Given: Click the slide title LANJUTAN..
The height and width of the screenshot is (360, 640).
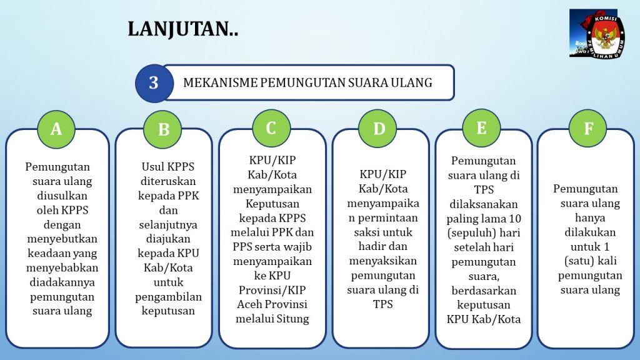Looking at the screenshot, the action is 182,29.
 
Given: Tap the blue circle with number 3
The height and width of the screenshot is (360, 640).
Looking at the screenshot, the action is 154,83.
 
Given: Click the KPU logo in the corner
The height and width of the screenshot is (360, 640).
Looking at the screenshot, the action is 597,34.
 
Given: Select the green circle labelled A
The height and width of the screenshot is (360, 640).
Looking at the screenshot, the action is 56,129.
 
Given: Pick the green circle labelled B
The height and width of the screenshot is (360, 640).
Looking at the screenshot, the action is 163,129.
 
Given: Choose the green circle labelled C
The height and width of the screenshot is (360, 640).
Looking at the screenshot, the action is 271,129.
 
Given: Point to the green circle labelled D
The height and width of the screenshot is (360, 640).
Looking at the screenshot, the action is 378,129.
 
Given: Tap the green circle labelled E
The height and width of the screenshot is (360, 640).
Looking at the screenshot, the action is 482,128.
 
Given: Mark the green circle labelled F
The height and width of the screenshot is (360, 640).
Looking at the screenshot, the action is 587,129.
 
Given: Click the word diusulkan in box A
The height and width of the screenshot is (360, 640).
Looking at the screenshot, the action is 62,196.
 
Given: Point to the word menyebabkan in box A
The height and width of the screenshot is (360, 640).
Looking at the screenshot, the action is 62,267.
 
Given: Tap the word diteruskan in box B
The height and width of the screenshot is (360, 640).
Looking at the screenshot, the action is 168,181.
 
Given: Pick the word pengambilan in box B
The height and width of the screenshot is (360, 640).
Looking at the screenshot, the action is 168,297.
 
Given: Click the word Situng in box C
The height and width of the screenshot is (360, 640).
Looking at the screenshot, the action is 292,319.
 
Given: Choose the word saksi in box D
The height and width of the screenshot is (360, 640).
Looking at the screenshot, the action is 366,232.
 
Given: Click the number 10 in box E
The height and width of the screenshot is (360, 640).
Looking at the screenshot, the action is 515,219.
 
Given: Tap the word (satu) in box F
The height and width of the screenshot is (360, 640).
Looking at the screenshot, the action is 577,261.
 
